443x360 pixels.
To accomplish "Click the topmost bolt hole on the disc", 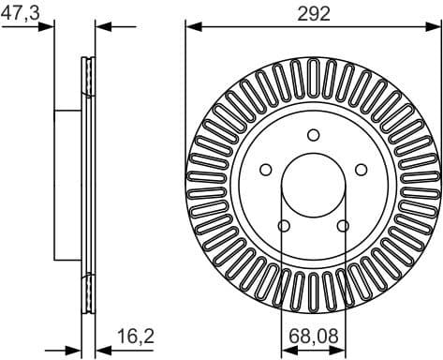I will coord(313,134).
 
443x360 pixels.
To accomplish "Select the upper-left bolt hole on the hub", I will coord(266,169).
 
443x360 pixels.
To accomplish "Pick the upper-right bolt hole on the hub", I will coord(361,169).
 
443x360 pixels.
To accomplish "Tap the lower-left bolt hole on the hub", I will coord(284,224).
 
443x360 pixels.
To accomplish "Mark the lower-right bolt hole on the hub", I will coord(343,224).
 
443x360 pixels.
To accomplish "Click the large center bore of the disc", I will coord(313,184).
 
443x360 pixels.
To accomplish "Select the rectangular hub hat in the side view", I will coord(68,184).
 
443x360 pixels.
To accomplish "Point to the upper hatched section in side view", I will coord(89,77).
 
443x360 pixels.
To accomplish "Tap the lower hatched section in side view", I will coord(89,291).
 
